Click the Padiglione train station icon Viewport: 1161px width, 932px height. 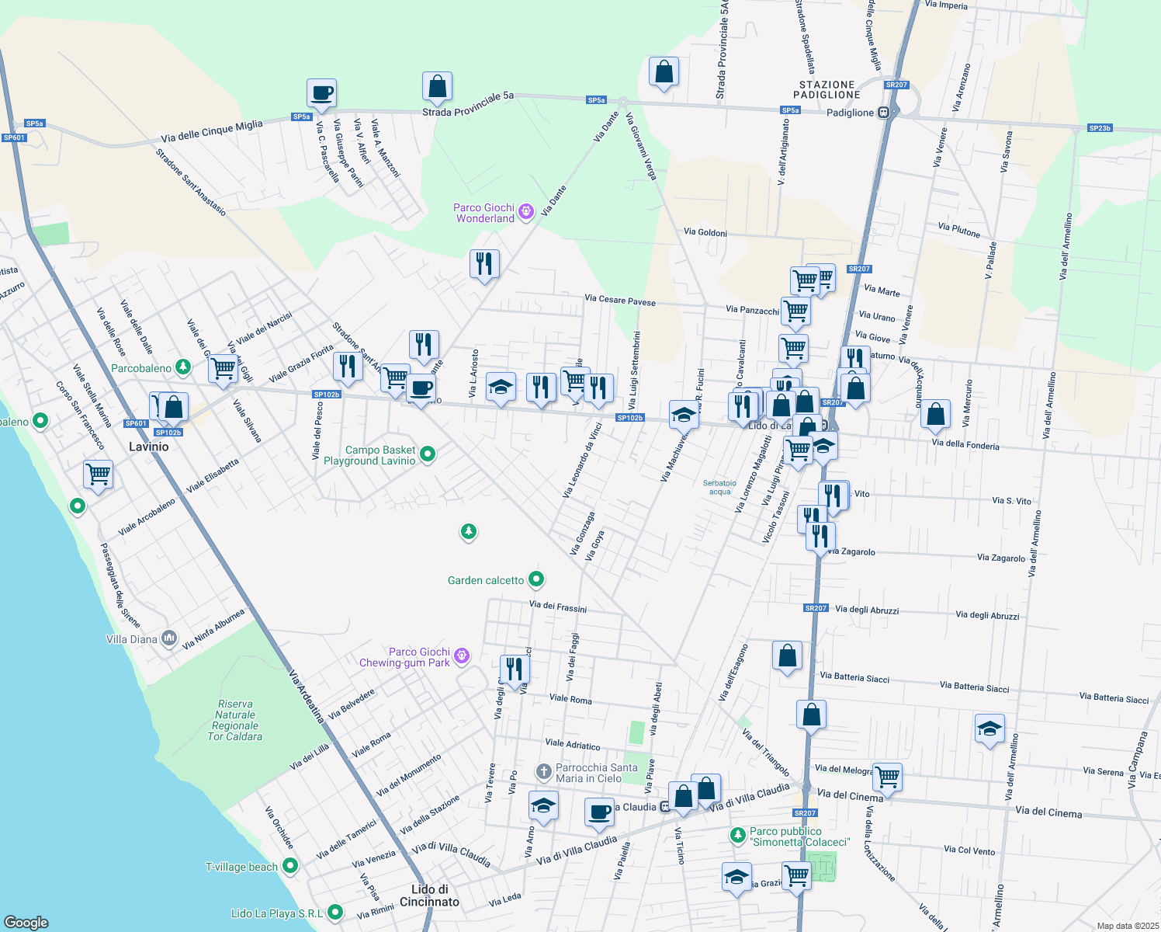click(x=883, y=113)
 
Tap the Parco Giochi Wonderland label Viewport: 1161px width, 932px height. click(x=484, y=213)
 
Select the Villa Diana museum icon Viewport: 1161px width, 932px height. click(x=169, y=638)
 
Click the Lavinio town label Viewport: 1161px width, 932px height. click(x=148, y=447)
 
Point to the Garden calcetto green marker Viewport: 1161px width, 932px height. click(x=535, y=579)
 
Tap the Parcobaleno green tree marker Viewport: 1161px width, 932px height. click(x=182, y=367)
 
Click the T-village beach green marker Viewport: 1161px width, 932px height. click(x=290, y=865)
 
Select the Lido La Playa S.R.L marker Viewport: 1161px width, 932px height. click(x=335, y=912)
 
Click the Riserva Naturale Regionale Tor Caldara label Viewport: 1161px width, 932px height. click(x=235, y=720)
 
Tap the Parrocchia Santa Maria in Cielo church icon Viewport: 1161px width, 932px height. click(x=544, y=772)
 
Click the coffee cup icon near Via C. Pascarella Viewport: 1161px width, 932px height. click(x=321, y=94)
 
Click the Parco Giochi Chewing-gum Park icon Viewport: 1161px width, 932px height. click(x=462, y=656)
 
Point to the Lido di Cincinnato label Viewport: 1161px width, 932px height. click(x=429, y=895)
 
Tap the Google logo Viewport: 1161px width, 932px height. click(x=26, y=922)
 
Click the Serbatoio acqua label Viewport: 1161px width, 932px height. click(x=719, y=487)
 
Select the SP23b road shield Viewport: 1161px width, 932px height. click(x=1100, y=128)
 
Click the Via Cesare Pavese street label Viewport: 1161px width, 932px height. click(x=619, y=301)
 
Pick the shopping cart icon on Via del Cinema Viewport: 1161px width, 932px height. click(x=887, y=775)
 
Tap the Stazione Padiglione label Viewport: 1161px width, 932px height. click(x=827, y=89)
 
